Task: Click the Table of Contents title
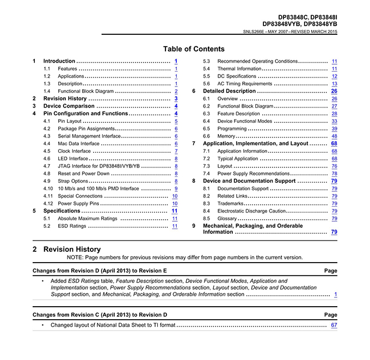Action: click(194, 49)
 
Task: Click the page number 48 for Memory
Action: click(334, 136)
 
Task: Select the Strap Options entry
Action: click(73, 181)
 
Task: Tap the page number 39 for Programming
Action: click(334, 128)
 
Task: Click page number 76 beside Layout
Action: click(334, 166)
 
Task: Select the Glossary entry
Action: click(227, 218)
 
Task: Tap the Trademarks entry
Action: click(231, 203)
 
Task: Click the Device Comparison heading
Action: click(69, 106)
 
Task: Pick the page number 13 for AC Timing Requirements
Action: click(334, 84)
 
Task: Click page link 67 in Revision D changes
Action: click(334, 325)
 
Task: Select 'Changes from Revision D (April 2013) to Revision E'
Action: click(100, 270)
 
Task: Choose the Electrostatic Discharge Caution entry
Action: click(251, 210)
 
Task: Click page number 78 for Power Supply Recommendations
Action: click(334, 173)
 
